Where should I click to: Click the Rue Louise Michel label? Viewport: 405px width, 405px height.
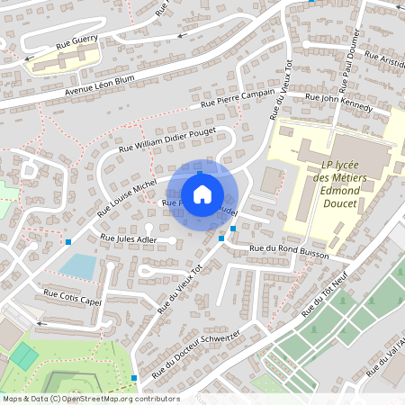click(127, 199)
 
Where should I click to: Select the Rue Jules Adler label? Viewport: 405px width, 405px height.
click(130, 239)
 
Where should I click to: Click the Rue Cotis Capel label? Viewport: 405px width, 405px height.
click(74, 297)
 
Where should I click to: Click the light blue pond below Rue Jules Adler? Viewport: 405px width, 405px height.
click(79, 266)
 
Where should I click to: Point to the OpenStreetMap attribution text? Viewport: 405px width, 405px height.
click(90, 398)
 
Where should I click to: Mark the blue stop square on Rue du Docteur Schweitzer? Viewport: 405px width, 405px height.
click(134, 378)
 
